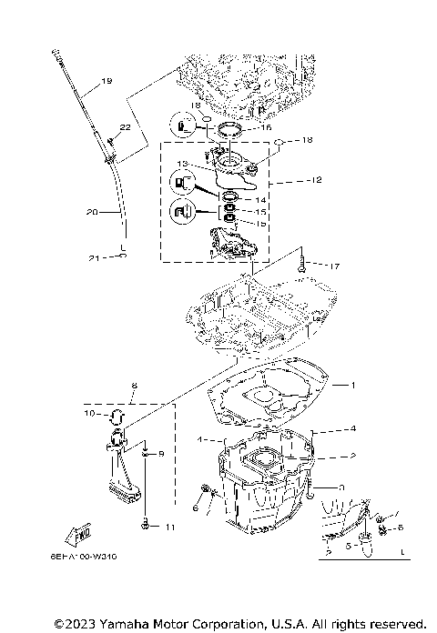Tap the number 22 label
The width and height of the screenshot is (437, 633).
pos(125,127)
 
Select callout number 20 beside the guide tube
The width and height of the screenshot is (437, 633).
pos(91,212)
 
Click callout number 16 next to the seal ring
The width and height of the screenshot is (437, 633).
pos(267,129)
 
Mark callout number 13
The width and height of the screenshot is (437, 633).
pos(182,165)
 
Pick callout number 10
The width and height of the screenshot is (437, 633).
pos(90,414)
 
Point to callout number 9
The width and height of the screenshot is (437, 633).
pos(161,454)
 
